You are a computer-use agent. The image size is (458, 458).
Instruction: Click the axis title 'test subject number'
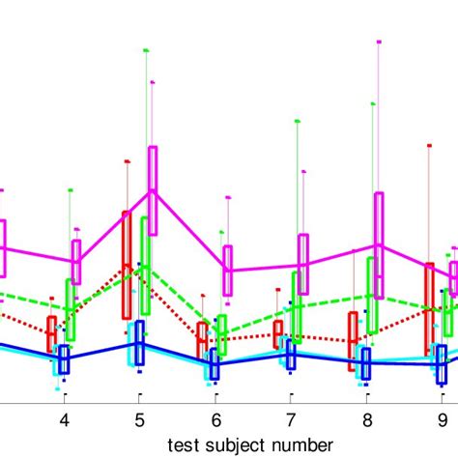[x=250, y=444]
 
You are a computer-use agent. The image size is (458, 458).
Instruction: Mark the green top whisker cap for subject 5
[x=145, y=49]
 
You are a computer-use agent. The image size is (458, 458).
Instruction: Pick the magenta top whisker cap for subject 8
[x=379, y=43]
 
